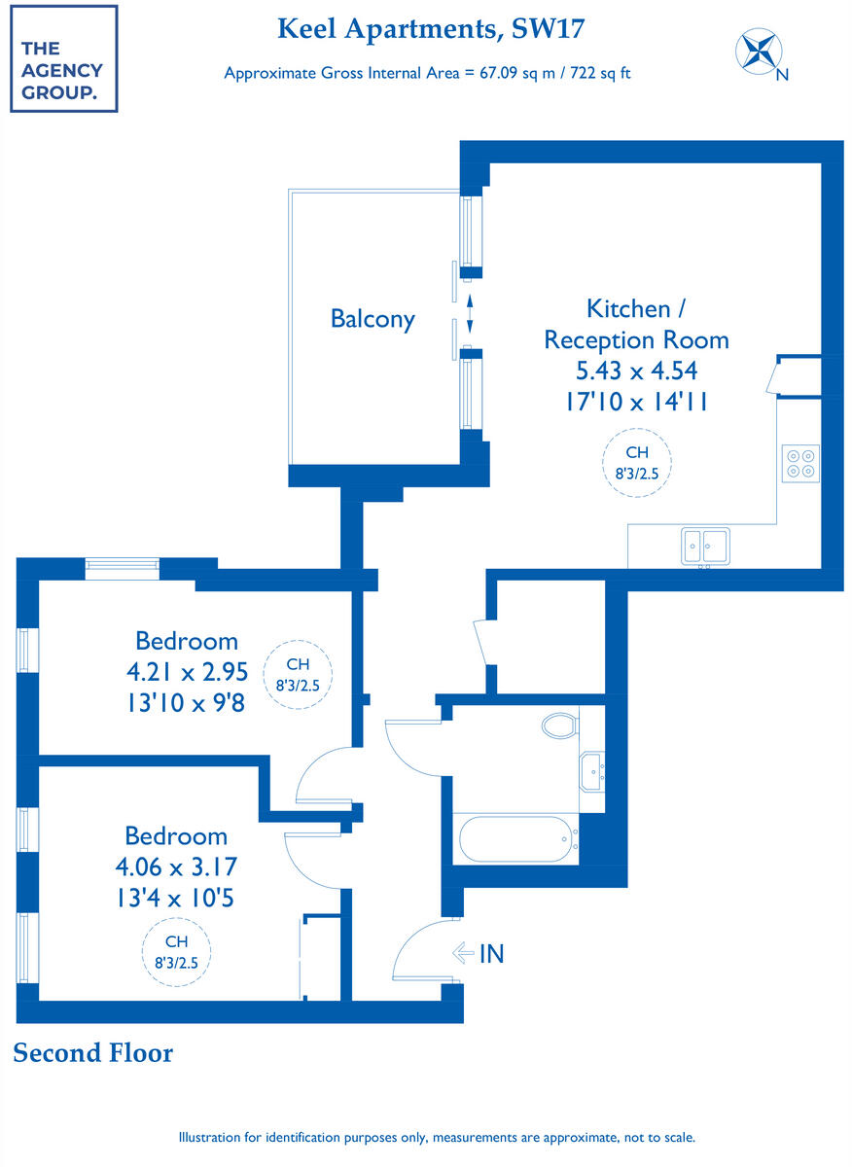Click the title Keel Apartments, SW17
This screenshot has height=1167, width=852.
[x=431, y=29]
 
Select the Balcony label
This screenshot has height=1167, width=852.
[x=373, y=318]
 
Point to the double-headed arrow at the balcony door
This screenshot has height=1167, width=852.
[x=470, y=314]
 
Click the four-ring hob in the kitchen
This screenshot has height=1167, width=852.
[x=801, y=462]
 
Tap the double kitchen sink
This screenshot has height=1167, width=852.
[x=705, y=546]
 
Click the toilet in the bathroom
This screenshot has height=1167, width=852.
[x=559, y=725]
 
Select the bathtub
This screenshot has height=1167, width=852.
[x=515, y=838]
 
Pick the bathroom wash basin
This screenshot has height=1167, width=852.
[x=592, y=771]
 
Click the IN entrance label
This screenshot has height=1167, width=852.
[x=492, y=954]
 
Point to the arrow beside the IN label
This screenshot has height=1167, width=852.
[x=463, y=954]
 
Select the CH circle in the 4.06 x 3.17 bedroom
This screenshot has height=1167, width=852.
[x=177, y=951]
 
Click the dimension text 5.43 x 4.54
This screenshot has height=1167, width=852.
[x=636, y=371]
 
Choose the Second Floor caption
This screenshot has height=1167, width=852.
[x=93, y=1052]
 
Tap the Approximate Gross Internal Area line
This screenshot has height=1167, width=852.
[x=427, y=73]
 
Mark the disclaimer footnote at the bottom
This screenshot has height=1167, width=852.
[x=437, y=1137]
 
